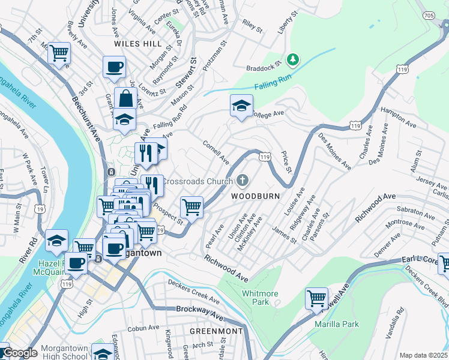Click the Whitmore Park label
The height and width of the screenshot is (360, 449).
pos(260,298)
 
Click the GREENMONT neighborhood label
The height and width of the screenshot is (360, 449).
pos(216,331)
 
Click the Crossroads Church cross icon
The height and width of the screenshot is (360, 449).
pos(243,180)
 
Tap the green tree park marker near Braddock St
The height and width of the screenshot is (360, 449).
pos(293,59)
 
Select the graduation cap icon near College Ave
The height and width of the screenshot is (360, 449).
pos(241,106)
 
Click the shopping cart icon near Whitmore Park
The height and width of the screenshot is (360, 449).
pos(316,298)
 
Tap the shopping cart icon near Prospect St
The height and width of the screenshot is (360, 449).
pos(191,207)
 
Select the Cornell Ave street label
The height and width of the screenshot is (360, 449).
pos(216,153)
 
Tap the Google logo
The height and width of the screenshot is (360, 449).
pos(19,353)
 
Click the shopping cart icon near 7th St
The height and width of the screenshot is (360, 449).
pos(59,53)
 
